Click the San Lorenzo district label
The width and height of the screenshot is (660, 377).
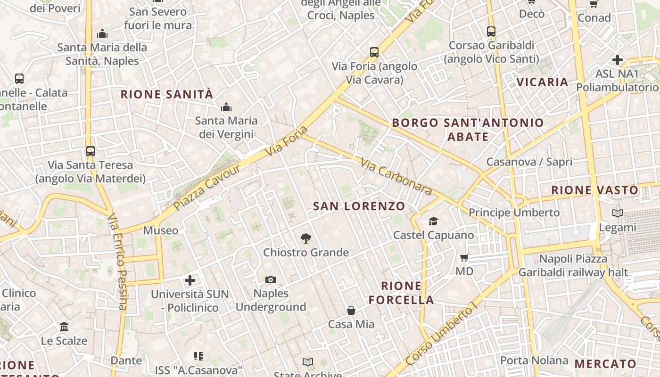(359, 206)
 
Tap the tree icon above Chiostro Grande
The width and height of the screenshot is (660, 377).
(306, 238)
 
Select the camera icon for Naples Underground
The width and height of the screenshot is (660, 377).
(270, 280)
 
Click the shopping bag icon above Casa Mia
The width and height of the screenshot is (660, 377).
(351, 310)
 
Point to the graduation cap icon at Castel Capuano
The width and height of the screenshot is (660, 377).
(433, 221)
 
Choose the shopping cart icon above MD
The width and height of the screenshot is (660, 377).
(464, 258)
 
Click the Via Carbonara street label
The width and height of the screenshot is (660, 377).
(396, 177)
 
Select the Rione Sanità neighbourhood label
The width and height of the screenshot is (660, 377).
(167, 94)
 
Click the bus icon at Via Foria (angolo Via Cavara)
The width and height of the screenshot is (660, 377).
(374, 52)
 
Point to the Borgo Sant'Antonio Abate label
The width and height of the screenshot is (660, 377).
(468, 130)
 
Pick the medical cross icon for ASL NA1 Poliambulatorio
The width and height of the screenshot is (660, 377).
(617, 60)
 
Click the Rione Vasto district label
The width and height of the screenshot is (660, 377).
(594, 190)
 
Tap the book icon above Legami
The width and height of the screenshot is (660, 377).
(617, 213)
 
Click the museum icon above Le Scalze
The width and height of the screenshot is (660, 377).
(64, 327)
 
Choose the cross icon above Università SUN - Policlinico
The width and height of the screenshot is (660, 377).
(190, 280)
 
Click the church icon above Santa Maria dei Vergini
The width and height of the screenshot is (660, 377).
(226, 107)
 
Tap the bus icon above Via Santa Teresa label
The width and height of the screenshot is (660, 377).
(91, 151)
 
